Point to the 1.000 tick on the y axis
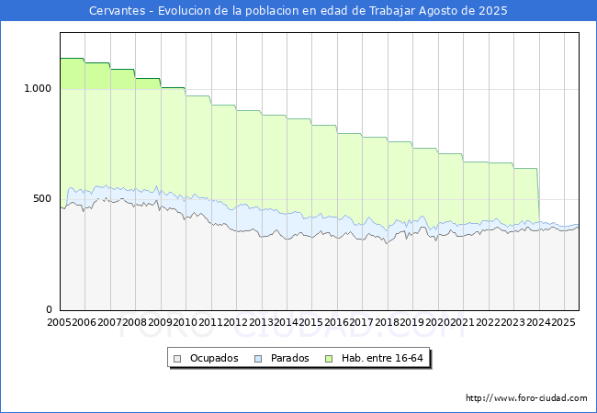[38, 89]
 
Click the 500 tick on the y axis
[42, 199]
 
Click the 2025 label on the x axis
[561, 323]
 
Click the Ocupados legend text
[214, 358]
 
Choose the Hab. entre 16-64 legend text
[382, 358]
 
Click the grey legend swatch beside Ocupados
[178, 358]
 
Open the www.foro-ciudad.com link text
[526, 398]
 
